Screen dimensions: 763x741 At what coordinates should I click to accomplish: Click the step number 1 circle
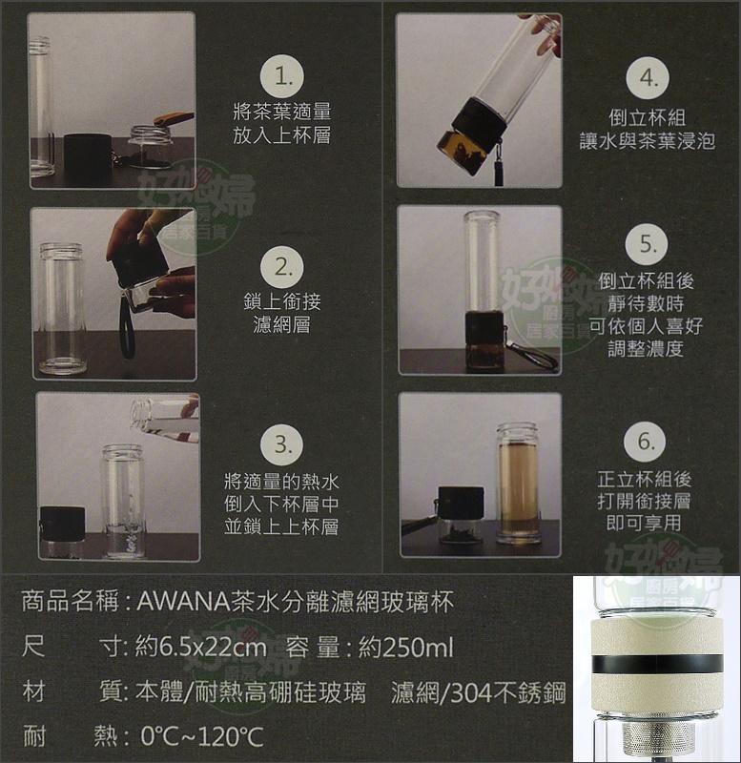pyautogui.click(x=282, y=73)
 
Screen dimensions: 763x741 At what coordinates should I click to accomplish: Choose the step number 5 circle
pyautogui.click(x=648, y=245)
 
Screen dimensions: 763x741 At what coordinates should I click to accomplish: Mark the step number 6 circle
pyautogui.click(x=648, y=443)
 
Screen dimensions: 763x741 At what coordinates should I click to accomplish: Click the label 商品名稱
pyautogui.click(x=68, y=603)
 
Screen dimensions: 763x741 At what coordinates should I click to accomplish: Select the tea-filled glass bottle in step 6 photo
pyautogui.click(x=518, y=486)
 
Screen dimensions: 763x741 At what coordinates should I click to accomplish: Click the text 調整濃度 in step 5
pyautogui.click(x=647, y=348)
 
